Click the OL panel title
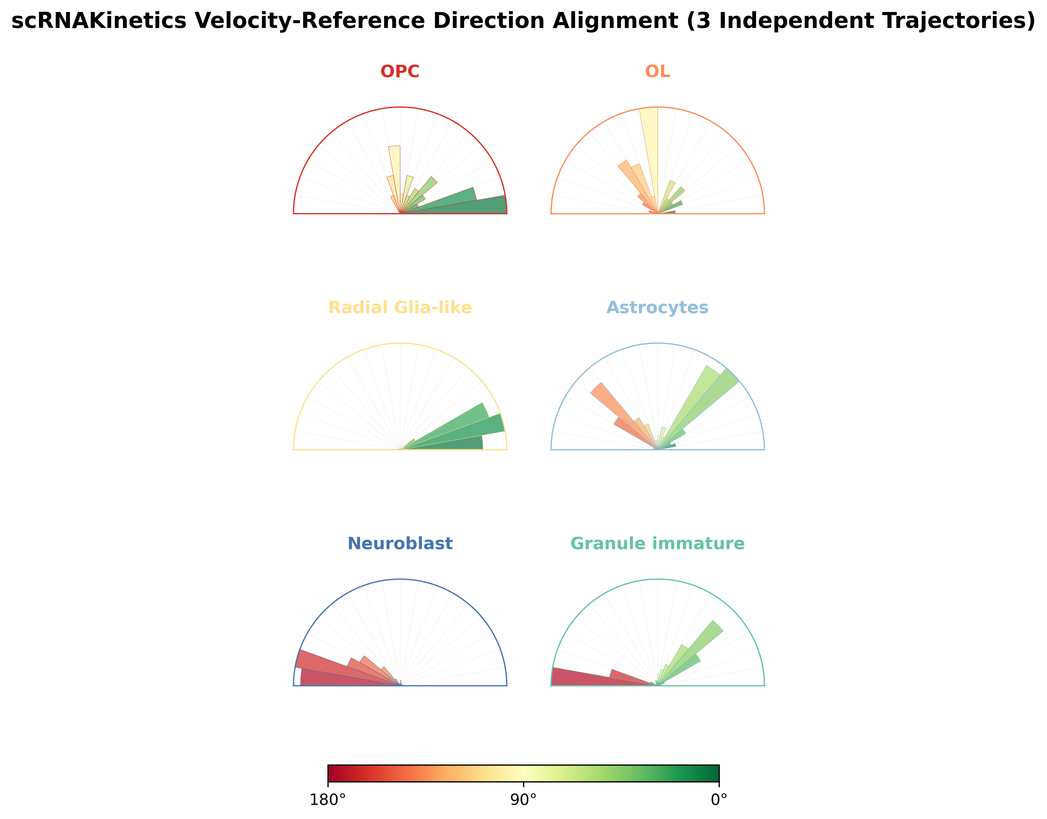coord(657,72)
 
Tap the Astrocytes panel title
coord(657,307)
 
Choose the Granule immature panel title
coord(657,543)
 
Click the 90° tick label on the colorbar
coord(523,800)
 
